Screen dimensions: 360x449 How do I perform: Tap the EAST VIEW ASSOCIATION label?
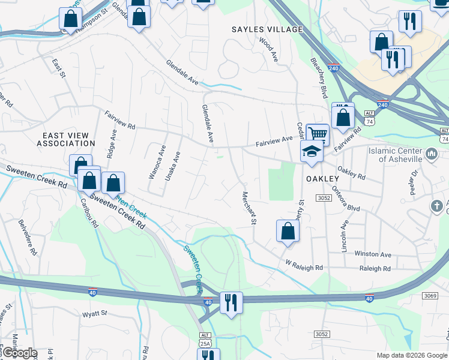[x=65, y=139]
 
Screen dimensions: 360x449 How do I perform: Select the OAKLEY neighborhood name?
[x=323, y=179]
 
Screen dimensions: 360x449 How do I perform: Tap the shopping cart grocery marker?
[x=318, y=134]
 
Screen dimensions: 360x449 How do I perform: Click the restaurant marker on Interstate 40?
[x=231, y=302]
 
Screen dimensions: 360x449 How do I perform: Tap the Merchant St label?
[x=249, y=208]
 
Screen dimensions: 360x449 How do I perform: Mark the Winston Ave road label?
[x=372, y=254]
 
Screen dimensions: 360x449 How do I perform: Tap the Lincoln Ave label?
[x=345, y=236]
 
